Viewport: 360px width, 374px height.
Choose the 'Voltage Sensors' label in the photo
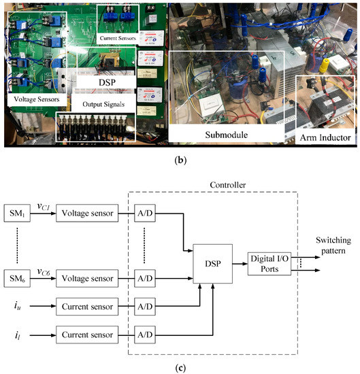pos(36,99)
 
